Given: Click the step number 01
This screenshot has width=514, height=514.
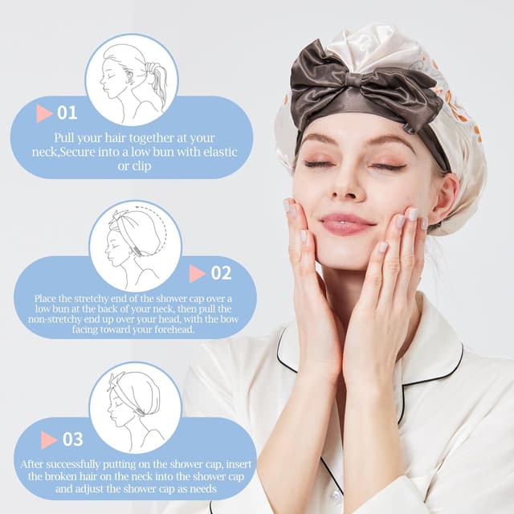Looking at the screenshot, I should [x=66, y=112].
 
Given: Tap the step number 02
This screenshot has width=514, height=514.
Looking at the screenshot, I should [x=220, y=273].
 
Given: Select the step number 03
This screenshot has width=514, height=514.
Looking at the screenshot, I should [x=72, y=439].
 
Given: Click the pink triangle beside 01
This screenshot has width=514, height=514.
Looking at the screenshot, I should [x=43, y=113].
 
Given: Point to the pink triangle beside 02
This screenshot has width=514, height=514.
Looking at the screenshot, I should [x=197, y=274].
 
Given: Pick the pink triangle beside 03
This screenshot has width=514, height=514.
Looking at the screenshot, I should [x=49, y=439].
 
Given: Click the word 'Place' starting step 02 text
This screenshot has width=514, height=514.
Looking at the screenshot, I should [x=48, y=299].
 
